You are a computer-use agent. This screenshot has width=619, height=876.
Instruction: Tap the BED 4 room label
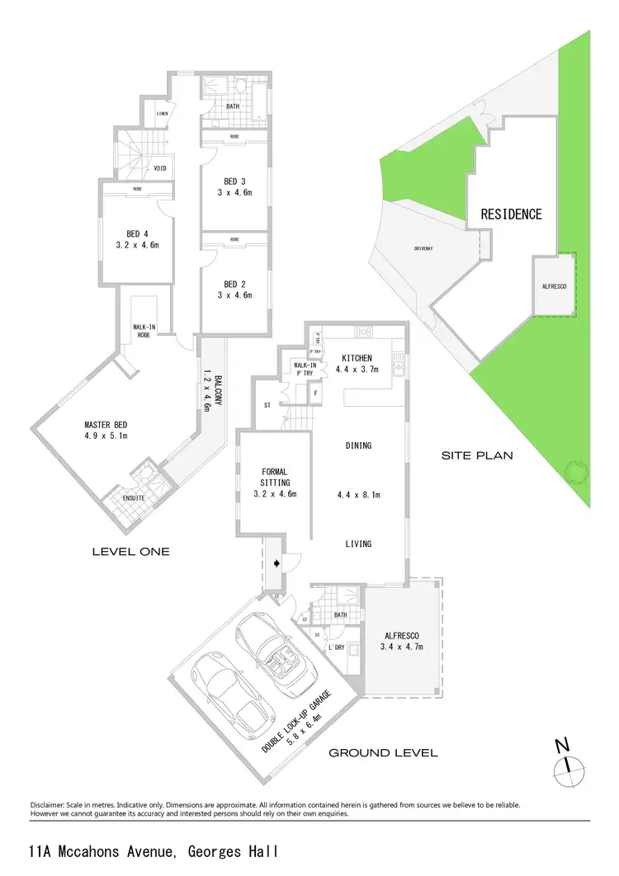pos(137,233)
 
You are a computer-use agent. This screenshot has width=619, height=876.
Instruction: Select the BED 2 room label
pos(234,285)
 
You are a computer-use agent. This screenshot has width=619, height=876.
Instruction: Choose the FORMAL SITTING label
pos(274,478)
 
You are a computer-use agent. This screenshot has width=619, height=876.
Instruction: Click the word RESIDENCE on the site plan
pos(512,214)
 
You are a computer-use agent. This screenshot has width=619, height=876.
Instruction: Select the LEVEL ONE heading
pos(131,551)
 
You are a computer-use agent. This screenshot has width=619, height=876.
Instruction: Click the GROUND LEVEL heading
pos(383,752)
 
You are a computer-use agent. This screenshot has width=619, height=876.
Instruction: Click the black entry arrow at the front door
pos(276,564)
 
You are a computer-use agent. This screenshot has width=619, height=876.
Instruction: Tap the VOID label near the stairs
pos(160,168)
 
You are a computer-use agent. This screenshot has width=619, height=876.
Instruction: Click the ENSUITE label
pos(134,498)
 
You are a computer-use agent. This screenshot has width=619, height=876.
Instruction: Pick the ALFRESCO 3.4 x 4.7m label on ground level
pos(402,641)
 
